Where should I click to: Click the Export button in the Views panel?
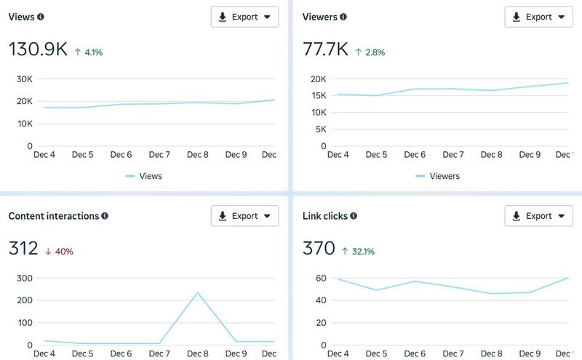tap(244, 17)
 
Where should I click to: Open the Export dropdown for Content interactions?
tap(244, 216)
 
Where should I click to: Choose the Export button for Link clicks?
tap(538, 216)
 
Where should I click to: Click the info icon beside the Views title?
tap(41, 17)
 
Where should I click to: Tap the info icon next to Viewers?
tap(343, 17)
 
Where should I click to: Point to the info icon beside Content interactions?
tap(105, 216)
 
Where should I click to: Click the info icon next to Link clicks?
tap(354, 216)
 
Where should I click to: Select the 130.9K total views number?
tap(38, 49)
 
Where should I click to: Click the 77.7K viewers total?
tap(324, 49)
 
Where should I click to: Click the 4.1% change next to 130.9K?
tap(88, 52)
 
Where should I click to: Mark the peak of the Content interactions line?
tap(197, 292)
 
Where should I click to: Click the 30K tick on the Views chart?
tap(24, 79)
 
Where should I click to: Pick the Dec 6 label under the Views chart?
tap(121, 155)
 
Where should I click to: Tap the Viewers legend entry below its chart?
tap(438, 176)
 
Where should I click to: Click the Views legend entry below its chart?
tap(144, 176)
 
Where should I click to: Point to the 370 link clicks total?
tap(319, 249)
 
